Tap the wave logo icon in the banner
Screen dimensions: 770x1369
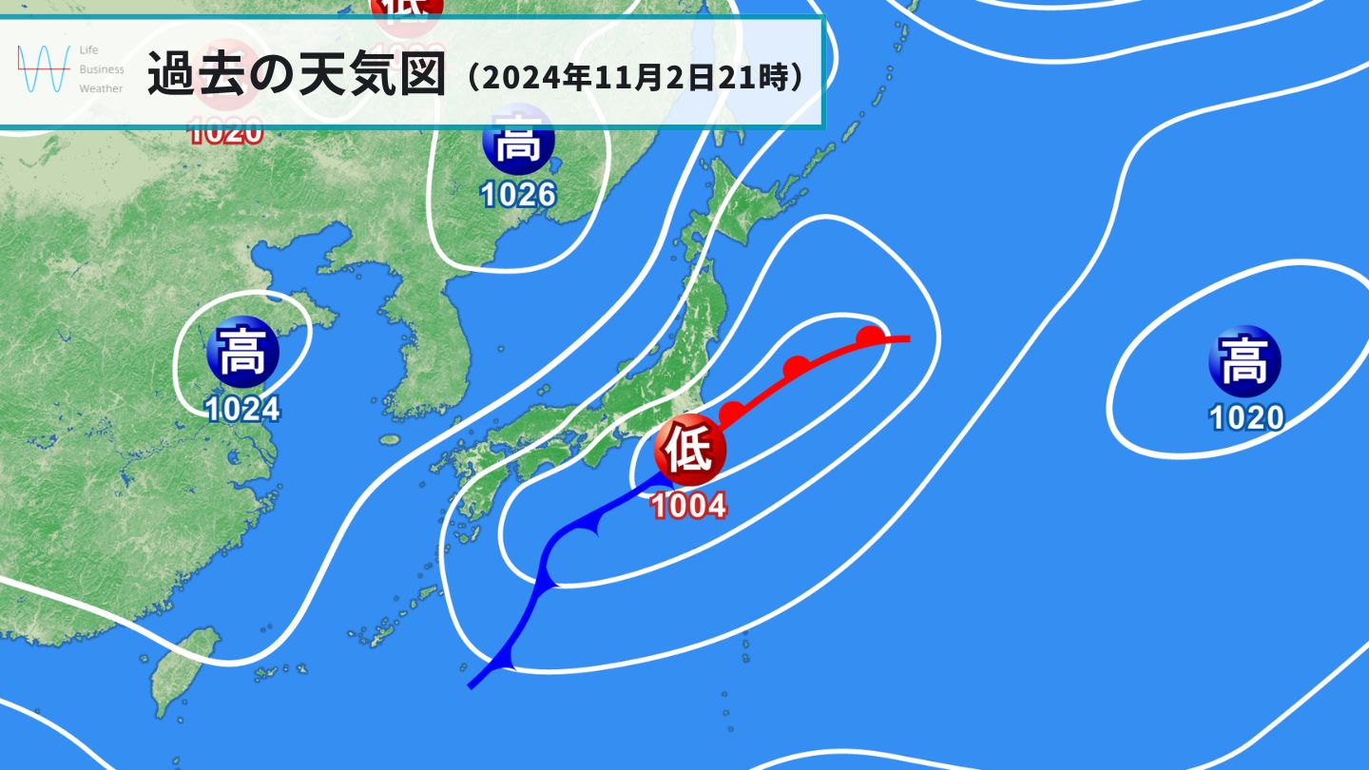coord(44,69)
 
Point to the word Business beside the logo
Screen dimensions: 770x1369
coord(102,69)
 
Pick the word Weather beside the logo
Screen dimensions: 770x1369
coord(101,88)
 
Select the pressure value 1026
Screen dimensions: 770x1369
coord(518,195)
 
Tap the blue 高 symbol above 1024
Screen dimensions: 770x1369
coord(242,353)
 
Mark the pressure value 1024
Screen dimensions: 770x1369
coord(243,409)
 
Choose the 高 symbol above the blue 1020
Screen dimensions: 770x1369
coord(1244,361)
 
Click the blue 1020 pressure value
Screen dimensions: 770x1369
coord(1246,416)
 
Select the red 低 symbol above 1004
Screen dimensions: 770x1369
coord(689,452)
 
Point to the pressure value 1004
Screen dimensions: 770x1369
coord(689,505)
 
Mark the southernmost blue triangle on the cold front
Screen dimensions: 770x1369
coord(505,658)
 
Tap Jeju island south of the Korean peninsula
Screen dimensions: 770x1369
coord(389,440)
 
